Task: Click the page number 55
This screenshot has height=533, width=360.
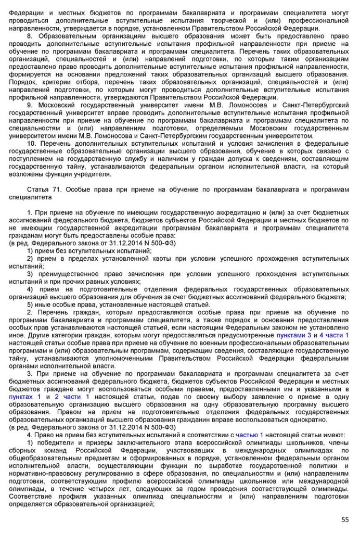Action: (345, 519)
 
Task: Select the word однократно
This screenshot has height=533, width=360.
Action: (302, 419)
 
